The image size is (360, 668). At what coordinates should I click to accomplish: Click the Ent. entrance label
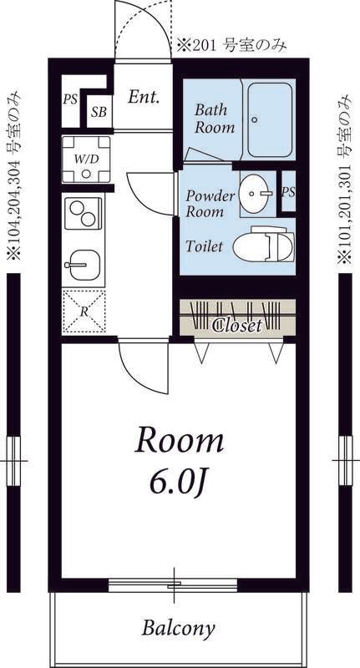(144, 97)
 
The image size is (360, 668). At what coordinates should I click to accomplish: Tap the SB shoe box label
(99, 112)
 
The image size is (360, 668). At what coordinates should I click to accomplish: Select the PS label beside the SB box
(70, 99)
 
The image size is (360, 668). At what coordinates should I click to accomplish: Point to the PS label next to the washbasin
(288, 192)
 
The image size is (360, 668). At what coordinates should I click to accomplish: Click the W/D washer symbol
(86, 159)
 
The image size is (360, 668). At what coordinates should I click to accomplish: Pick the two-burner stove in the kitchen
(83, 214)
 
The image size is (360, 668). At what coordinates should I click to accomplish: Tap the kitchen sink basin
(84, 265)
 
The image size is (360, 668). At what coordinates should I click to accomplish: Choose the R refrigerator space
(84, 311)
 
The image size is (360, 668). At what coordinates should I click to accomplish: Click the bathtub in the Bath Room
(270, 120)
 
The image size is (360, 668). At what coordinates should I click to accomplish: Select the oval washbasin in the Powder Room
(255, 194)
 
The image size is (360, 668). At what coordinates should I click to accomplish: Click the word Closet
(237, 326)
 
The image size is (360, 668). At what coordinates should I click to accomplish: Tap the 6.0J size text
(179, 484)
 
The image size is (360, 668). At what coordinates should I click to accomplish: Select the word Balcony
(178, 628)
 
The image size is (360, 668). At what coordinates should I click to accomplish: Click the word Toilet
(204, 245)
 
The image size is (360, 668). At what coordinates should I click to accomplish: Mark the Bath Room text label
(215, 119)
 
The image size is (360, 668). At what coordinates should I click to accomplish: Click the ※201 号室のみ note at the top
(231, 45)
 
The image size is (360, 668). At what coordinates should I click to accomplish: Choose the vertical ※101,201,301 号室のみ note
(345, 180)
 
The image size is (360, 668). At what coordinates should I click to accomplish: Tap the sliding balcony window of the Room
(173, 586)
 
